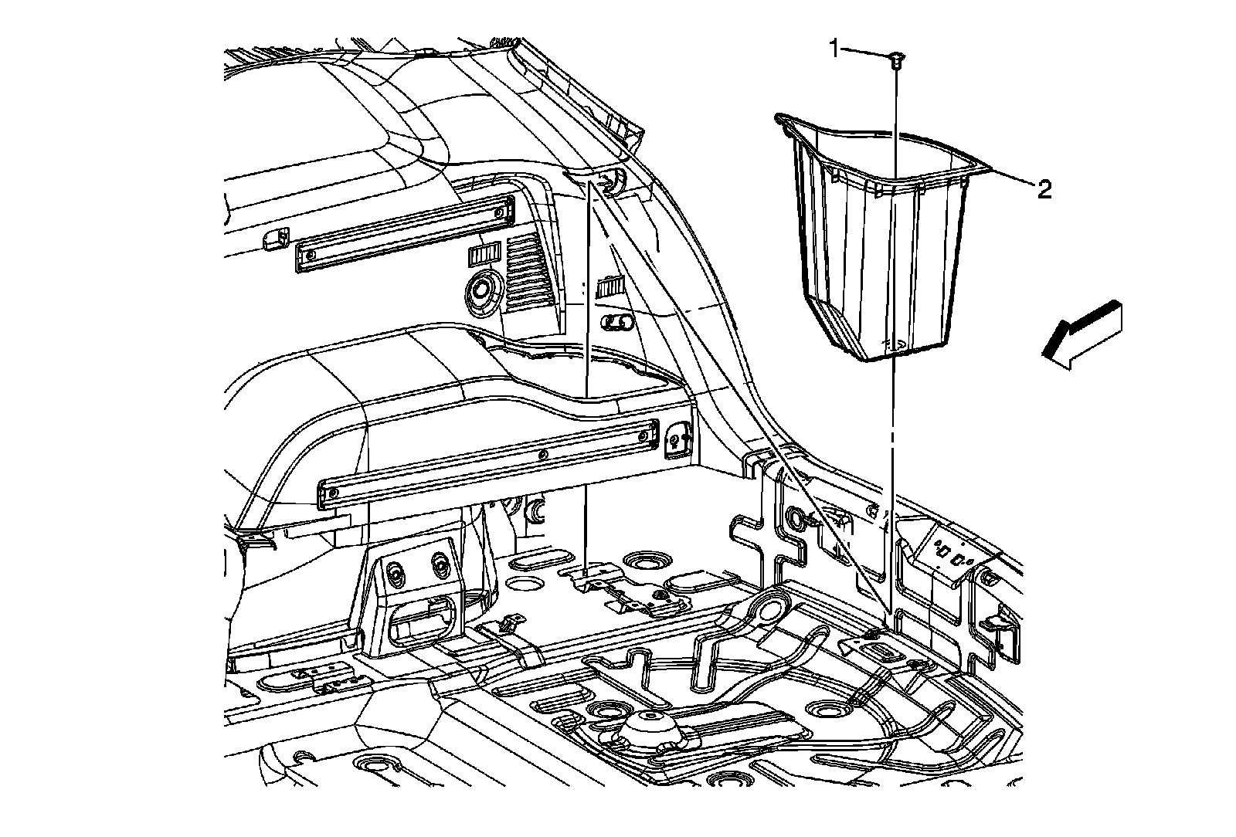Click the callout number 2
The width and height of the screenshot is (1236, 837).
click(x=1044, y=189)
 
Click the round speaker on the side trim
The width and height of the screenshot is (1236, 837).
click(x=481, y=292)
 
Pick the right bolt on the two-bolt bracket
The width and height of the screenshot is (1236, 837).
click(x=440, y=564)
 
